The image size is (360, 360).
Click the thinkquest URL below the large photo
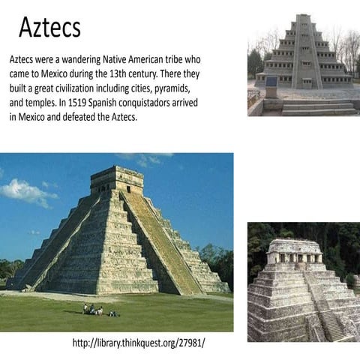(x=139, y=343)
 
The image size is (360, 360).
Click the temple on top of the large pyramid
(x=116, y=179)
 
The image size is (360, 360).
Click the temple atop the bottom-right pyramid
(x=294, y=254)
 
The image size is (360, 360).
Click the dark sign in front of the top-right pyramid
(x=271, y=82)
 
